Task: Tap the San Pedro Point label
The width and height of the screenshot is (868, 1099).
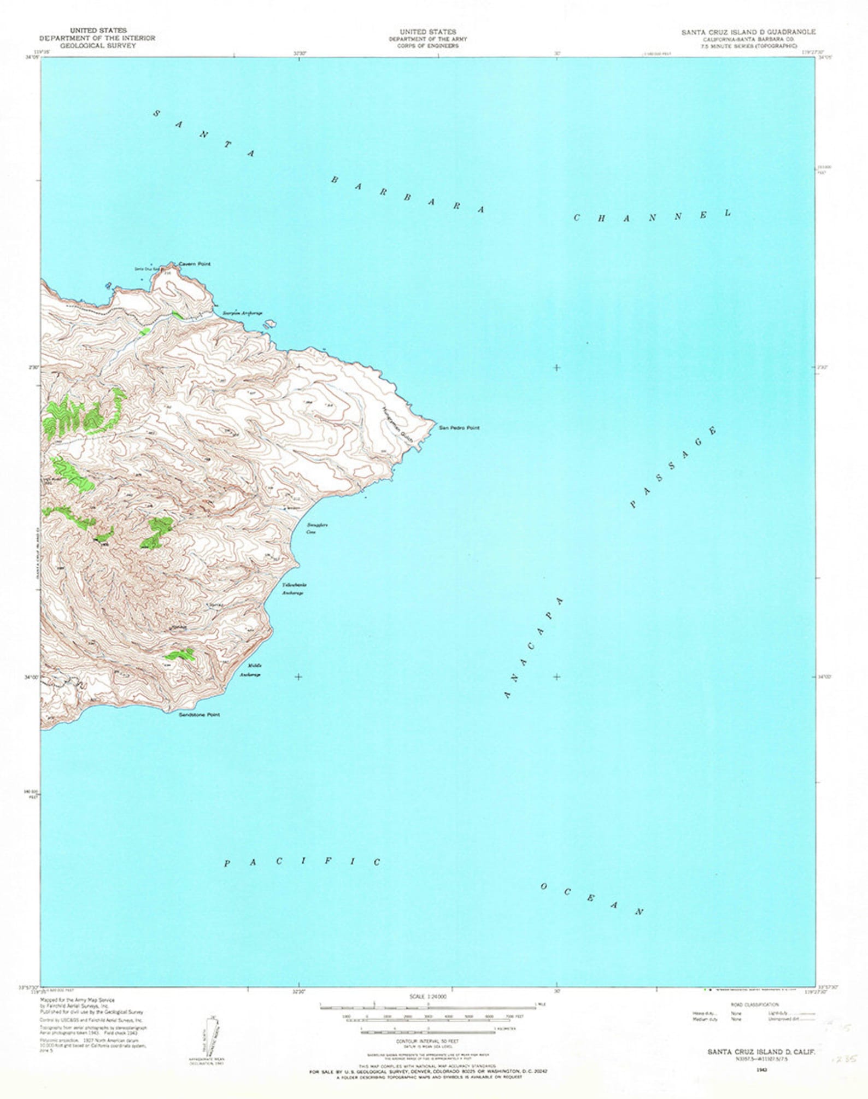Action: pyautogui.click(x=459, y=428)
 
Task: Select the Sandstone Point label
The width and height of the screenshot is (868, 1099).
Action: pyautogui.click(x=200, y=714)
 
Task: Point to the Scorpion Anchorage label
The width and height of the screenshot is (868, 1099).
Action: pyautogui.click(x=242, y=313)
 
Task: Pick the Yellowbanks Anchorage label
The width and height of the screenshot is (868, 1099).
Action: pyautogui.click(x=294, y=589)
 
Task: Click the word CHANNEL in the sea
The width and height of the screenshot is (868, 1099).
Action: pyautogui.click(x=652, y=216)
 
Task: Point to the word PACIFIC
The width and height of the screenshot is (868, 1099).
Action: pyautogui.click(x=302, y=862)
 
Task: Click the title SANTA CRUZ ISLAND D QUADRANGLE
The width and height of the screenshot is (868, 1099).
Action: pyautogui.click(x=748, y=32)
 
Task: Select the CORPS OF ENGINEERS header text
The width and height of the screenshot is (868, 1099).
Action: pyautogui.click(x=429, y=46)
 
